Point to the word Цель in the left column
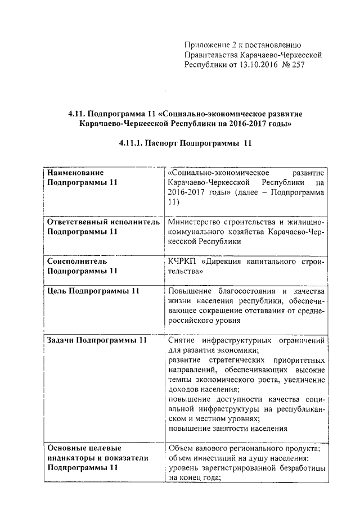point(57,291)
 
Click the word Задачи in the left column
point(60,341)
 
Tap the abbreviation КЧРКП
point(181,261)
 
